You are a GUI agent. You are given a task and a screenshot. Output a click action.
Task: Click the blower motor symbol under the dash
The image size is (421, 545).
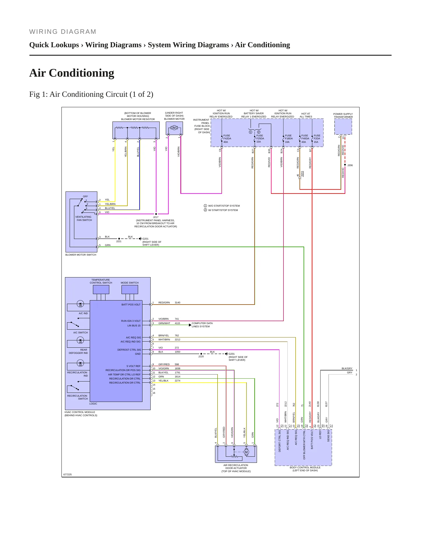(174, 128)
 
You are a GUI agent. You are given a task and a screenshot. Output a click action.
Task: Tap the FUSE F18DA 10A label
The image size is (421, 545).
(288, 139)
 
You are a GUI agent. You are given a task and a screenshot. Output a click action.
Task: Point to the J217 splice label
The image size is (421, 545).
(156, 217)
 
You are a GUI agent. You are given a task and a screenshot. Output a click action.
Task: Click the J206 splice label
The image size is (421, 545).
(350, 165)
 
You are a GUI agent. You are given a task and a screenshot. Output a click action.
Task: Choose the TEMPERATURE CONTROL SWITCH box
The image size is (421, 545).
(101, 289)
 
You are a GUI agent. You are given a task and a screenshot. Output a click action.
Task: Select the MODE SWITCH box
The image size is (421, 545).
(130, 289)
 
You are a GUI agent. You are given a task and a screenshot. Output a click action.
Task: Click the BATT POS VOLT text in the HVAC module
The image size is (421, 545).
(131, 305)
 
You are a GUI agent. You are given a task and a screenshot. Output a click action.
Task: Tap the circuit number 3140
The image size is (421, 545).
(177, 303)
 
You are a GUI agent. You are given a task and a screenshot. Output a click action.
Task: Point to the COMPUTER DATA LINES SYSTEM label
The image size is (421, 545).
(202, 325)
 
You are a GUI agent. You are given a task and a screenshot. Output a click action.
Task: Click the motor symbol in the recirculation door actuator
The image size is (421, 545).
(246, 452)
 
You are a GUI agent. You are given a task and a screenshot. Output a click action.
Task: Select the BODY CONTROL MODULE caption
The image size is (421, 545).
(305, 469)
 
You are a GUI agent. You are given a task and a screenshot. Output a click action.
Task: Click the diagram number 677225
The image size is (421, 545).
(68, 474)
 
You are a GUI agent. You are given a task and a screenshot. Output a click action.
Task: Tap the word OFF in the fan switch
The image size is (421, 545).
(85, 196)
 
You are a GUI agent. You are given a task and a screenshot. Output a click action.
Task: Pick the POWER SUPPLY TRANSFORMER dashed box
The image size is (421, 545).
(343, 126)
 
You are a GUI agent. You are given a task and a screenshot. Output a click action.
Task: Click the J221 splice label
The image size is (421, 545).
(119, 241)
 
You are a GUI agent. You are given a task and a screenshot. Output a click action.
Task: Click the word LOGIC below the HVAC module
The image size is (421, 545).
(93, 404)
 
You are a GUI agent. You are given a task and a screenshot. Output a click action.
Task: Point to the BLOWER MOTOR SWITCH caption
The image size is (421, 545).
(81, 255)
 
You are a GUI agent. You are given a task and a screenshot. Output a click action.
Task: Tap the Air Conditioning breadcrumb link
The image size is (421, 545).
(263, 45)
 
